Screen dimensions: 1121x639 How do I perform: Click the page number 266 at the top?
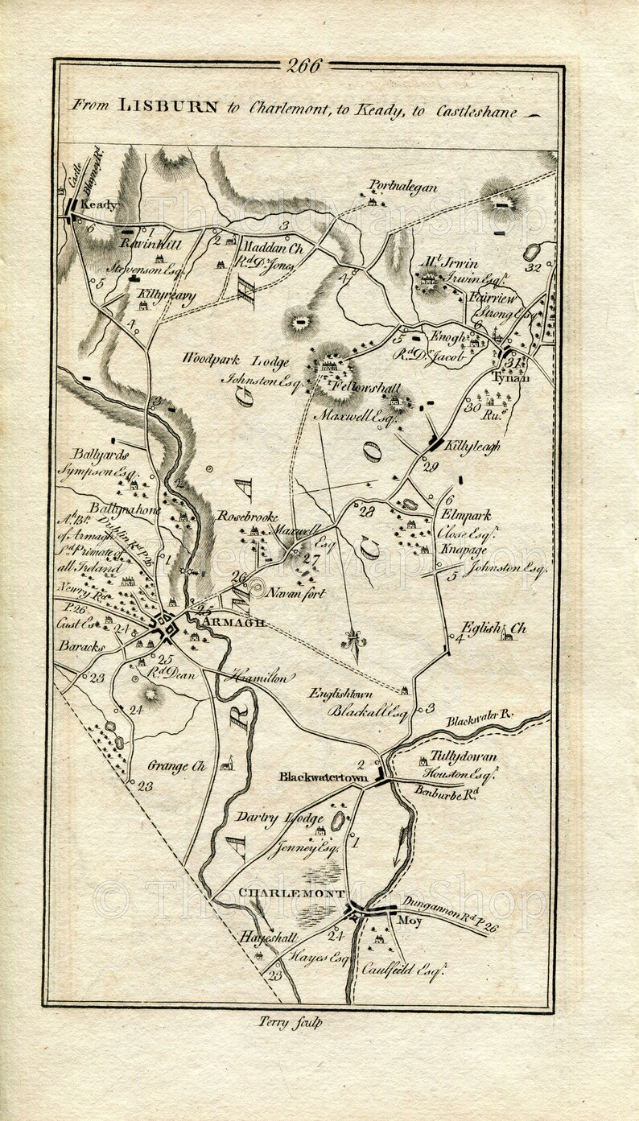[303, 66]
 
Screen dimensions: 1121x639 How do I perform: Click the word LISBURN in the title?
[167, 105]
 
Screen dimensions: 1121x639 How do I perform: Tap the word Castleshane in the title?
[477, 111]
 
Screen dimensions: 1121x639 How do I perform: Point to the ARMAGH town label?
[234, 623]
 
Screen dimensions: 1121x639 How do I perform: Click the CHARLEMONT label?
[291, 893]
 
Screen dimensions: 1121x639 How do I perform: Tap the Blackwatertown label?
[323, 777]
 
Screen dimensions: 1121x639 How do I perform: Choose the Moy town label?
[410, 920]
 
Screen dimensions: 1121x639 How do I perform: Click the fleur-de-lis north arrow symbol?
[352, 641]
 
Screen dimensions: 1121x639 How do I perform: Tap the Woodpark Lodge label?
[235, 361]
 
